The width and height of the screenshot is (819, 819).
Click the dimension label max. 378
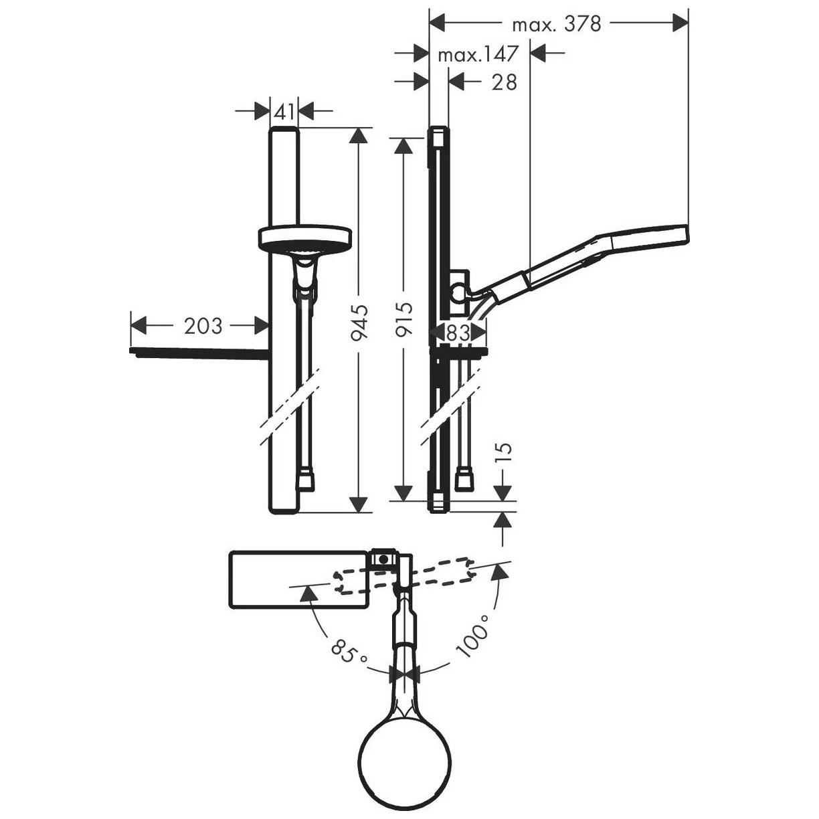557,25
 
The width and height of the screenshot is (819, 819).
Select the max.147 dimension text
478,54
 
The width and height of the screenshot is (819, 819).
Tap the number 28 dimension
505,82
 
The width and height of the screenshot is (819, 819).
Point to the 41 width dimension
284,112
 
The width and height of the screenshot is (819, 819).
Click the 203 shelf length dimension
203,326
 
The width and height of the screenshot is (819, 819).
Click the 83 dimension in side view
458,333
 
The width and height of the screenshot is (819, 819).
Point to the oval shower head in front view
304,237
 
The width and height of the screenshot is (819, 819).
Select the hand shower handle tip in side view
676,234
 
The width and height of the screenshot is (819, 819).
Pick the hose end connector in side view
463,480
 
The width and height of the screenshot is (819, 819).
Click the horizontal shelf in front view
199,352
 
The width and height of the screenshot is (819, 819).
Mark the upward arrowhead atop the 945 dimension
359,135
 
